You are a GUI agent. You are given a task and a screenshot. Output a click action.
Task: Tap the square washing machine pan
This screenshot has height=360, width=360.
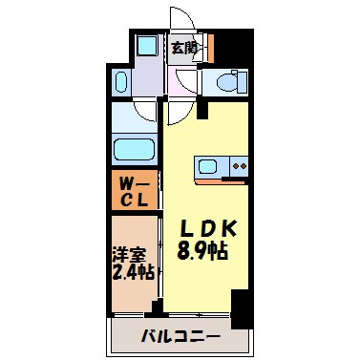147,47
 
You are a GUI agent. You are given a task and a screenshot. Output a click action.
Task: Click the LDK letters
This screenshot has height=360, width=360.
210,230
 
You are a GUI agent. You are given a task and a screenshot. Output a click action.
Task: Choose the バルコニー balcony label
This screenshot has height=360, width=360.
181,336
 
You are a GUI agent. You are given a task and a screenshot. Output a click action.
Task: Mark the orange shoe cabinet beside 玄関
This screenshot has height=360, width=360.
206,47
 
